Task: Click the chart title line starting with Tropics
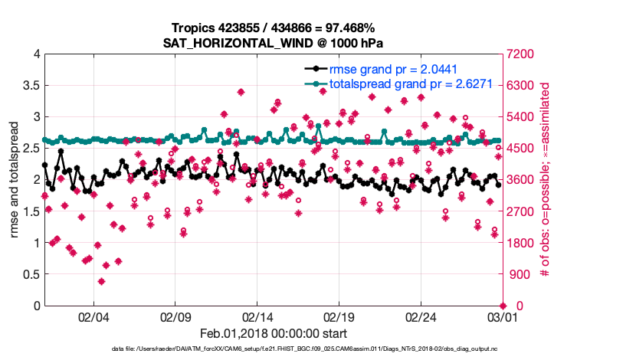(x=273, y=28)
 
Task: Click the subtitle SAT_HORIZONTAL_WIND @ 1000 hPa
(x=273, y=43)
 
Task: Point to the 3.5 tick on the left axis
(x=31, y=86)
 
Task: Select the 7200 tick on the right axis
(x=525, y=54)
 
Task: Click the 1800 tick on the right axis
(x=525, y=244)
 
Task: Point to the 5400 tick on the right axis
(x=525, y=117)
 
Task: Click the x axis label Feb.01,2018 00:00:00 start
(x=273, y=333)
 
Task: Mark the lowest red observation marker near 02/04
(x=101, y=281)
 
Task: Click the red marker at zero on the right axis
(x=503, y=306)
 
